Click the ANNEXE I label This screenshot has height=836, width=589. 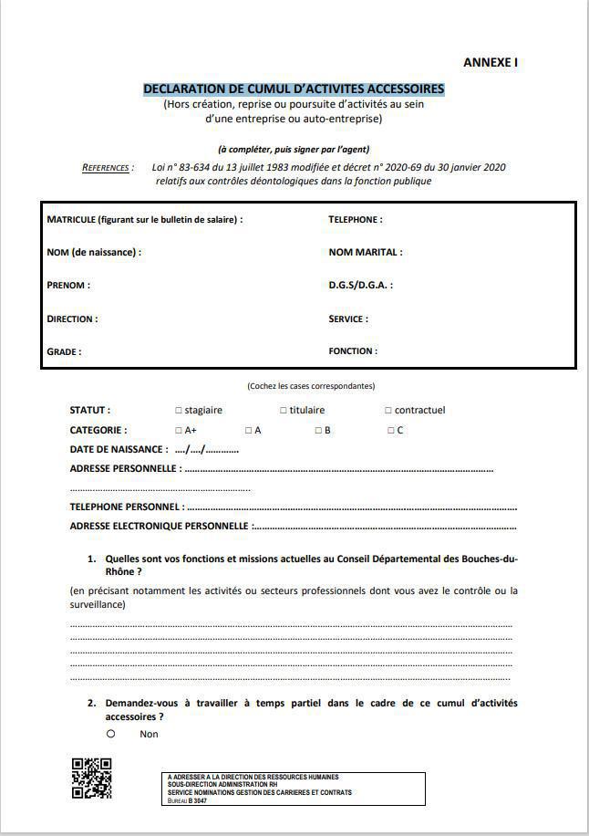point(491,63)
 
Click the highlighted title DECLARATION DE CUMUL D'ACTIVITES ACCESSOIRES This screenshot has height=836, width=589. point(294,89)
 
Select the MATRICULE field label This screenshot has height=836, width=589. point(144,220)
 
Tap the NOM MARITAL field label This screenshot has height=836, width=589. point(365,253)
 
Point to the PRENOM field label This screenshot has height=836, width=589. point(68,286)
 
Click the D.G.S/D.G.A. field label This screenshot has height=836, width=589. point(360,286)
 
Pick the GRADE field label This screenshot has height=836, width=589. point(64,351)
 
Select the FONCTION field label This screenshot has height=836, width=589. point(353,351)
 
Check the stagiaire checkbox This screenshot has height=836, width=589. point(178,411)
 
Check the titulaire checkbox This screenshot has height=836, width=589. point(284,411)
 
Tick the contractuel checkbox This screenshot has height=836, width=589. point(388,411)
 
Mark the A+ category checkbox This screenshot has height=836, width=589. point(178,431)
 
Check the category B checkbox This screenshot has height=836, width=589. point(318,431)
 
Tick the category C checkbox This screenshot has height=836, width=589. point(390,431)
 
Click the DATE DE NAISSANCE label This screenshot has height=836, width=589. point(119,450)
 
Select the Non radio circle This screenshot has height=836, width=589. point(110,733)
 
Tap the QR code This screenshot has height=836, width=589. point(91,779)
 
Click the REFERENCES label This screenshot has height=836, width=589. point(108,168)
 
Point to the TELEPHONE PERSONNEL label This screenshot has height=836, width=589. point(127,507)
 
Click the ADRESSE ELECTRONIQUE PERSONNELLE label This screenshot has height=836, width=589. point(160,527)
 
